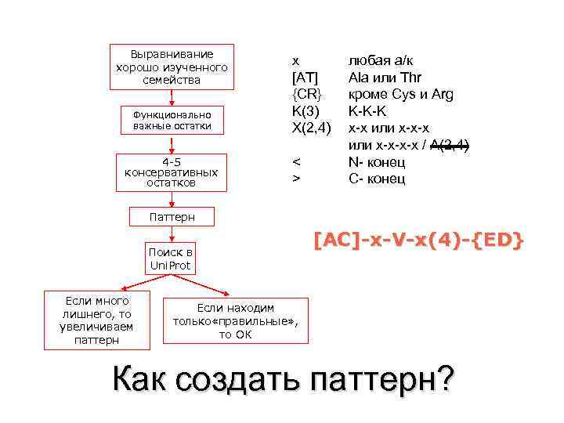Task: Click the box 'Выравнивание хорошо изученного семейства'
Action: click(x=172, y=67)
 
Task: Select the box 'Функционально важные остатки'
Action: click(x=172, y=120)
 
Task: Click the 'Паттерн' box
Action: click(x=172, y=215)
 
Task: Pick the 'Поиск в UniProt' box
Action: click(x=172, y=259)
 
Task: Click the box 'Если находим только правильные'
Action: click(x=236, y=320)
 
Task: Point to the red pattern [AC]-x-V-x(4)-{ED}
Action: click(x=418, y=240)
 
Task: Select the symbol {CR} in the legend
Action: click(x=305, y=95)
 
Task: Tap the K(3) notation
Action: click(x=305, y=111)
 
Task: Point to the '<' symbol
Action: click(x=295, y=162)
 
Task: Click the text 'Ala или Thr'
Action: click(x=385, y=78)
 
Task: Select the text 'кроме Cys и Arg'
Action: click(x=401, y=95)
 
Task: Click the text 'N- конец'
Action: click(x=377, y=162)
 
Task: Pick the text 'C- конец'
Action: click(x=377, y=179)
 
